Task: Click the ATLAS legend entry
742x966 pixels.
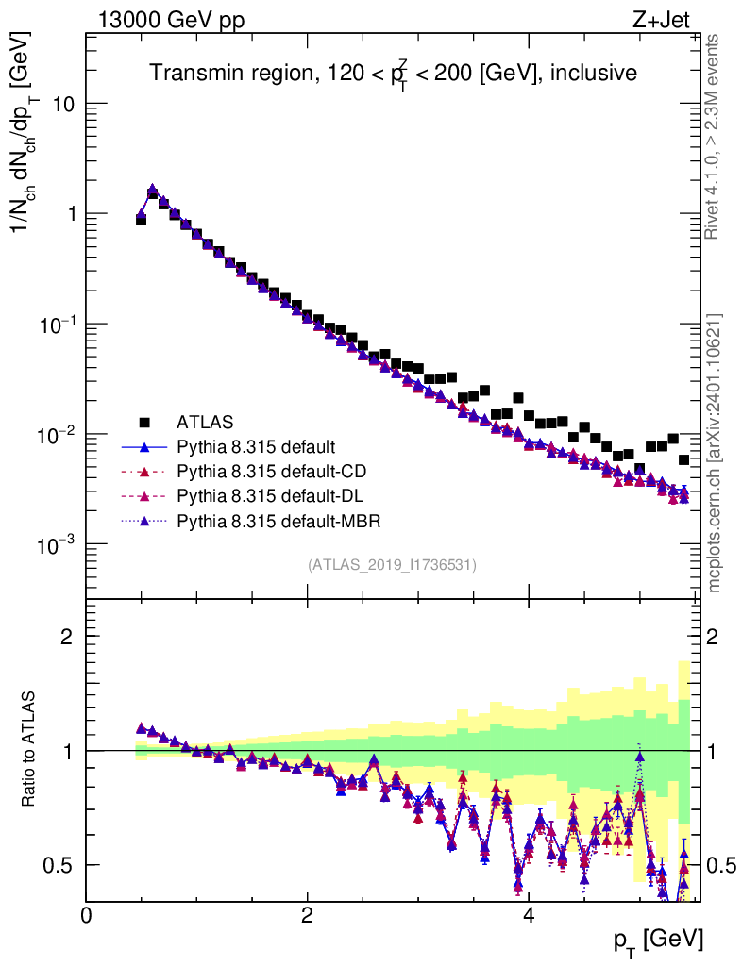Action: coord(204,421)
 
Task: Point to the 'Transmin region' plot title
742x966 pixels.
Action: coord(394,73)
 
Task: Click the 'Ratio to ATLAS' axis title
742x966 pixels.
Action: coord(32,750)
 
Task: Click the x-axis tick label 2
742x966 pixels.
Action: coord(308,915)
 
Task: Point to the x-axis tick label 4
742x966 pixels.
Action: coord(529,915)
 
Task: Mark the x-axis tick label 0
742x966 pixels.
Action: coord(87,915)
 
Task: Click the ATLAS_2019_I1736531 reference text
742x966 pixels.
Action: coord(392,565)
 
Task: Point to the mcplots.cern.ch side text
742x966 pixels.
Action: coord(716,453)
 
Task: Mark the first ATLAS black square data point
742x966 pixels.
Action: coord(141,218)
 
